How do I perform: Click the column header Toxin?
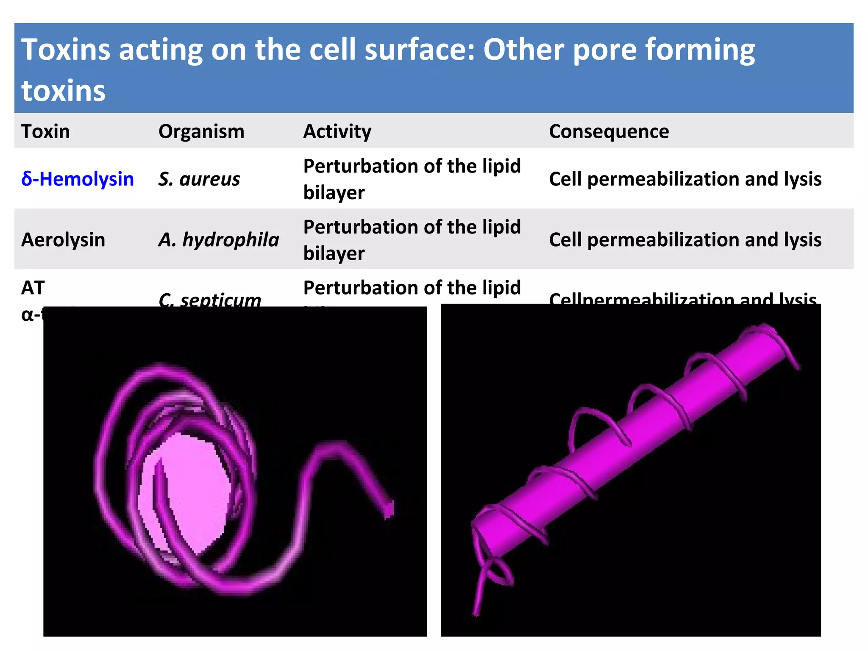(x=45, y=131)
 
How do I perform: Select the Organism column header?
(x=201, y=131)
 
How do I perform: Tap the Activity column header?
(x=337, y=131)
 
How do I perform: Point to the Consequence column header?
(x=609, y=131)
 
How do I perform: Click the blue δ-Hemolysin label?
(x=78, y=179)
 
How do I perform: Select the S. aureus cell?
(x=199, y=179)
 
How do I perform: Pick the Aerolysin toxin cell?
(x=63, y=240)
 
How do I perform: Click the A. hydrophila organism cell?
(x=219, y=240)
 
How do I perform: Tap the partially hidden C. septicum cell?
(x=210, y=300)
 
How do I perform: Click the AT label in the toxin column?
(x=33, y=288)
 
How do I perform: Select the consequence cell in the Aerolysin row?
(x=685, y=240)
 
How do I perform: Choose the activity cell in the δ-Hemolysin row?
(x=412, y=179)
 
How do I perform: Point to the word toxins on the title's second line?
(x=64, y=91)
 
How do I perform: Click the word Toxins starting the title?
(x=66, y=50)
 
